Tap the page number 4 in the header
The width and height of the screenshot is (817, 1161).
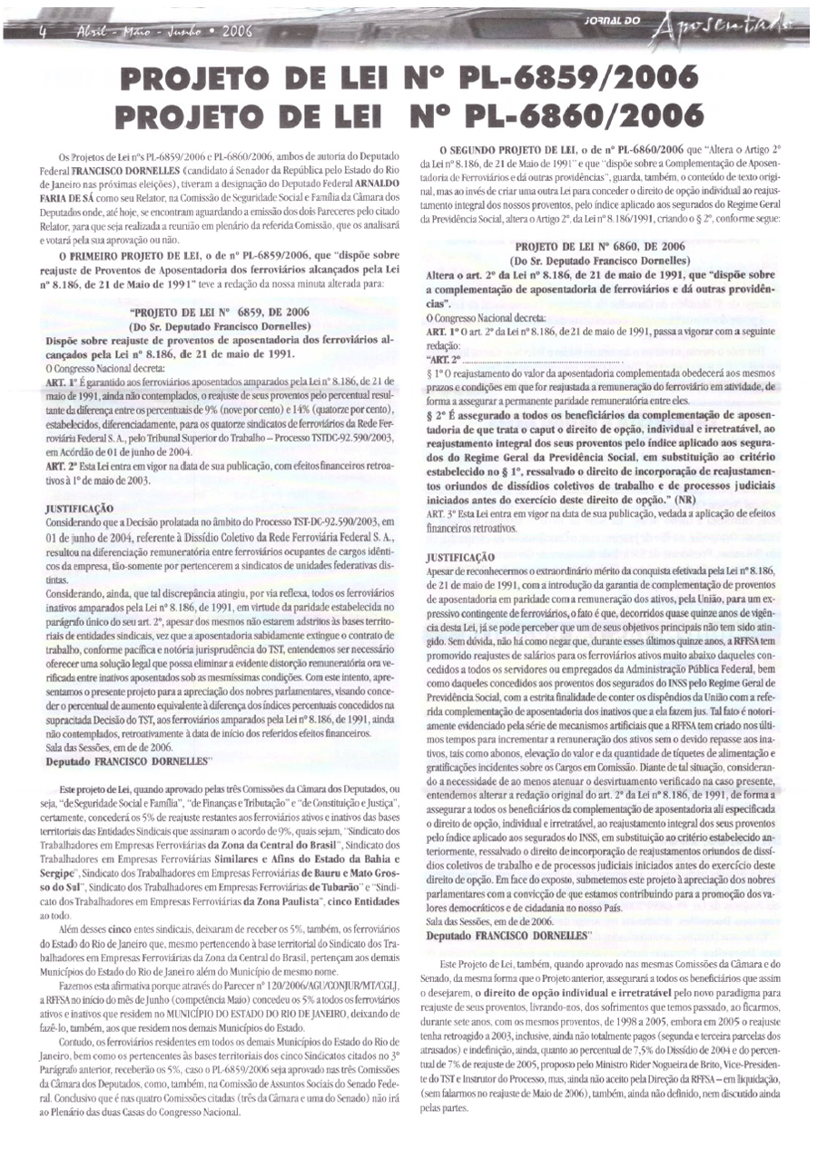[x=41, y=30]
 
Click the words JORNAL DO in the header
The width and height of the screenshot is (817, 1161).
[x=612, y=20]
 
